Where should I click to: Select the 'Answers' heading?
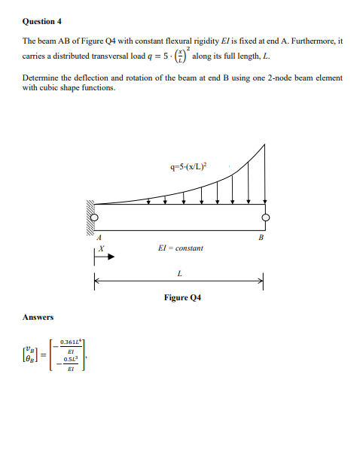(38, 317)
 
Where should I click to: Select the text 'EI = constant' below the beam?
(182, 248)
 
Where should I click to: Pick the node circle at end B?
(265, 218)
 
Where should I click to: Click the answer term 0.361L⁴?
(69, 342)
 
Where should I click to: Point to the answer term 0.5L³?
(69, 360)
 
